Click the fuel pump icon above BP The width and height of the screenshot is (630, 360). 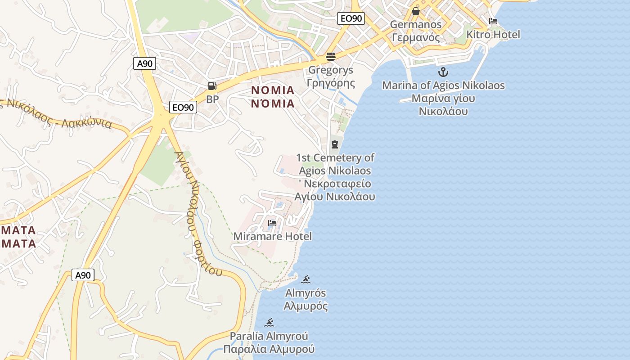click(x=212, y=86)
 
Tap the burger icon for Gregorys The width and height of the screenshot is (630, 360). click(x=331, y=57)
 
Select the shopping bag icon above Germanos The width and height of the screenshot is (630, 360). click(x=416, y=11)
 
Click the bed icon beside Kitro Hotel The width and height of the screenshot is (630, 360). click(x=493, y=21)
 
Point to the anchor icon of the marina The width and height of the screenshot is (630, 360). click(x=443, y=72)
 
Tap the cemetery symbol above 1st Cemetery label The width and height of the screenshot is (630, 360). click(x=334, y=144)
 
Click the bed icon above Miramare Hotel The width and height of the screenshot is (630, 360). click(x=272, y=223)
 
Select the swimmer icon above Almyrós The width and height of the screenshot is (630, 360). click(x=306, y=279)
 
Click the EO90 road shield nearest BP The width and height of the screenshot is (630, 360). click(x=184, y=107)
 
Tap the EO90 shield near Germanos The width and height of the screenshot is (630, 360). click(x=351, y=18)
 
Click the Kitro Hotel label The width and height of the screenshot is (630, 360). click(x=493, y=35)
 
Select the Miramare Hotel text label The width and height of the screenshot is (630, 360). click(x=272, y=236)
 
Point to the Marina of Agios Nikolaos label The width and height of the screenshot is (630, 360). click(x=443, y=85)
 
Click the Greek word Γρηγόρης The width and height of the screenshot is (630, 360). click(x=331, y=83)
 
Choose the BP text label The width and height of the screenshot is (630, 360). click(x=212, y=99)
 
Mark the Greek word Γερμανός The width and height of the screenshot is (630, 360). click(x=416, y=37)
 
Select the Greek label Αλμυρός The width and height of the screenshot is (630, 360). click(x=306, y=306)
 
